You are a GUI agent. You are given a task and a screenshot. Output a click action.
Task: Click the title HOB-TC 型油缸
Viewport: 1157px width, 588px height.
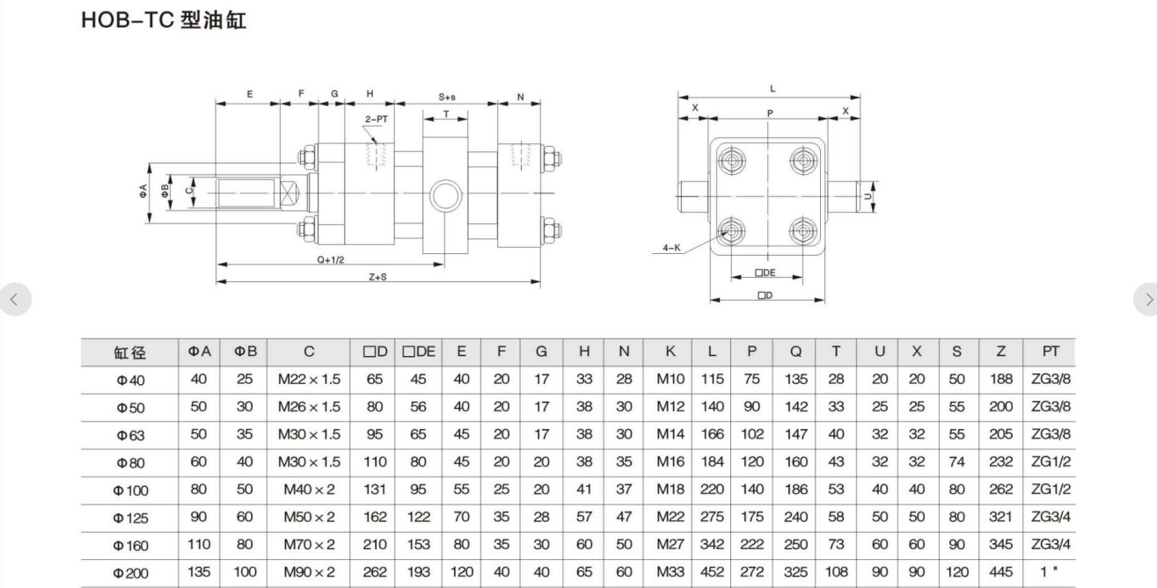coord(164,20)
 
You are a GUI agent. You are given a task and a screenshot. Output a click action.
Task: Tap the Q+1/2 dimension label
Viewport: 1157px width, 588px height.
coord(331,260)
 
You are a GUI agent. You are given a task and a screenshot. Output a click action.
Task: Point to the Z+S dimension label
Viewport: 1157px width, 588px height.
coord(378,277)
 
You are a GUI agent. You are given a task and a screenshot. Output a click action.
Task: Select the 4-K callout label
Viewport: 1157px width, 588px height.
coord(672,249)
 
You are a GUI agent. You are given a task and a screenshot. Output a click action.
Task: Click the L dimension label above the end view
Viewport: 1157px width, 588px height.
coord(772,89)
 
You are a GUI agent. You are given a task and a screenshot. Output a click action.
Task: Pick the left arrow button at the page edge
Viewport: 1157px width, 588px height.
coord(14,300)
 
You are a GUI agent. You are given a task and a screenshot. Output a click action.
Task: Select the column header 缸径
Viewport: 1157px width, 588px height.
coord(129,353)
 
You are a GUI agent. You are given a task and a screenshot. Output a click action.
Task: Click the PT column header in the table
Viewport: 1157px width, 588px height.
coord(1051,352)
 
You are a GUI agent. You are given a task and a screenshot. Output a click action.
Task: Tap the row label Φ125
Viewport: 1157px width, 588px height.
coord(129,518)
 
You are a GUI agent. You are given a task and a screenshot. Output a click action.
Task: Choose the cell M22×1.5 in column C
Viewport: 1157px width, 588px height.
coord(309,379)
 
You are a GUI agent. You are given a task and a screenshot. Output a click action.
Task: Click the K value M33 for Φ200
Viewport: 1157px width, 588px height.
coord(670,572)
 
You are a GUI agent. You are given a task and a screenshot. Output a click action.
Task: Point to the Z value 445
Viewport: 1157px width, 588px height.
coord(1001,572)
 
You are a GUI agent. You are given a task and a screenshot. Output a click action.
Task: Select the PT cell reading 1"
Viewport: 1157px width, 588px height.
coord(1051,572)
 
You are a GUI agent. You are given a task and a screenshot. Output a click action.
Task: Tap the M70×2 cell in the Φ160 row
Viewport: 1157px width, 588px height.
coord(309,545)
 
